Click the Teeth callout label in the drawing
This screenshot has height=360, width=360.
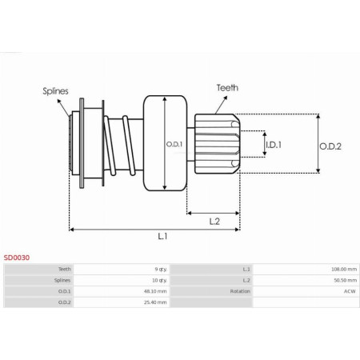[x=226, y=87]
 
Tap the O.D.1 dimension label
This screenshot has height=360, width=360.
[x=174, y=144]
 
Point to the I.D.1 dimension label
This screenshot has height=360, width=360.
[x=274, y=145]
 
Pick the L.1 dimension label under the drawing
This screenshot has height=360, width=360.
[x=162, y=236]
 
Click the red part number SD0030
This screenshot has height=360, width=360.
[x=17, y=258]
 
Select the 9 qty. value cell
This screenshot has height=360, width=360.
[x=160, y=270]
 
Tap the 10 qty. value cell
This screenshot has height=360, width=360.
[x=159, y=281]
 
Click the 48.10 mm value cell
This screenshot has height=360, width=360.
[x=155, y=292]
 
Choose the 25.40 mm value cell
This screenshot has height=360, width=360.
[x=155, y=303]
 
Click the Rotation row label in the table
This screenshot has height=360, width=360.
[x=241, y=292]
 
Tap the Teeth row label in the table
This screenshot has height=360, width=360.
[x=64, y=270]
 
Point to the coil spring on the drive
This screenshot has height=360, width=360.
[x=122, y=145]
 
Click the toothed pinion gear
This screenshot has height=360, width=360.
[x=217, y=144]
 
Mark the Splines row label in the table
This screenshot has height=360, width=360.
[x=62, y=281]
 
